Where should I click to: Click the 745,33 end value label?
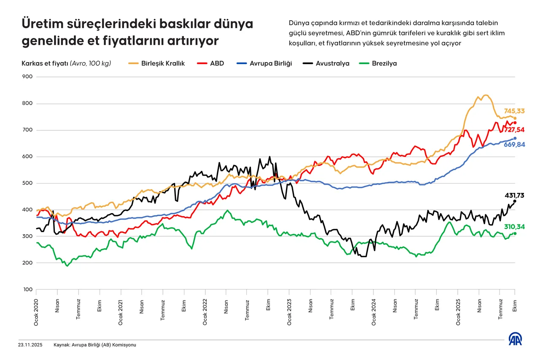coord(514,111)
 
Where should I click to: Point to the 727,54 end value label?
coord(514,130)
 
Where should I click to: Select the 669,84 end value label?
coord(514,144)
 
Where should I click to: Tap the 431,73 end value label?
coord(514,195)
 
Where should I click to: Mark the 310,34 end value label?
coord(514,227)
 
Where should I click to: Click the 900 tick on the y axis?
coord(27,77)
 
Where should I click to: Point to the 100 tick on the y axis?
coord(27,290)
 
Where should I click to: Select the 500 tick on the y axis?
coord(27,183)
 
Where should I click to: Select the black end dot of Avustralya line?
coord(515,201)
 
